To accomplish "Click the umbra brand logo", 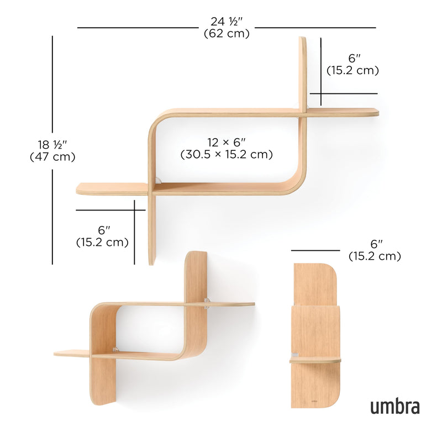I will (x=394, y=407).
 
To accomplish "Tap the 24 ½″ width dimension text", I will (x=227, y=22).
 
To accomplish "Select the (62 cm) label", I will (x=227, y=34).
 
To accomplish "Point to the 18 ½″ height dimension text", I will (x=52, y=145).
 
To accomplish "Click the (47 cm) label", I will (x=52, y=156).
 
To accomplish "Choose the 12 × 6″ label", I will (x=227, y=143).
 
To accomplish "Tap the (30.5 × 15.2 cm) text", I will (x=227, y=155).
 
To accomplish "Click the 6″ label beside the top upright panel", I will (x=352, y=59).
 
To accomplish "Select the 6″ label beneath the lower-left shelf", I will (x=102, y=230).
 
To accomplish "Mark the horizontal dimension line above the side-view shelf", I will (x=316, y=250).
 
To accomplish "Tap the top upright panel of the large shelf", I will (x=303, y=72).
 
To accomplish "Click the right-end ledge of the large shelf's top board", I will (x=343, y=112).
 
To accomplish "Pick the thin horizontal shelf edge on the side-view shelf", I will (x=315, y=360).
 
